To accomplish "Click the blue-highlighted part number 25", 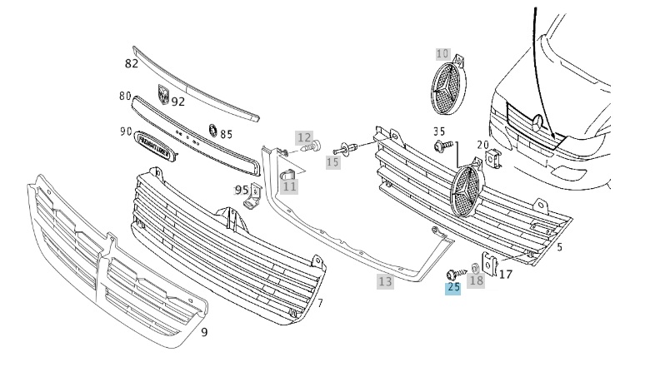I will [453, 288].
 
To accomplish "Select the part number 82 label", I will [132, 63].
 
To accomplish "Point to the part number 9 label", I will [204, 333].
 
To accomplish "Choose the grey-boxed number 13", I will [384, 282].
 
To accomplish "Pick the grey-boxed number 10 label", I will [442, 54].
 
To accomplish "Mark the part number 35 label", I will [439, 131].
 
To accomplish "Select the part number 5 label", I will [559, 247].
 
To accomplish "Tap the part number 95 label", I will [242, 190].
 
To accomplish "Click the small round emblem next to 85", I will [212, 131].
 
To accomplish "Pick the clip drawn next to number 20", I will [492, 156].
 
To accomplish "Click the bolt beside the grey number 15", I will [348, 149].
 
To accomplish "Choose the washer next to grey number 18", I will [473, 268].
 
